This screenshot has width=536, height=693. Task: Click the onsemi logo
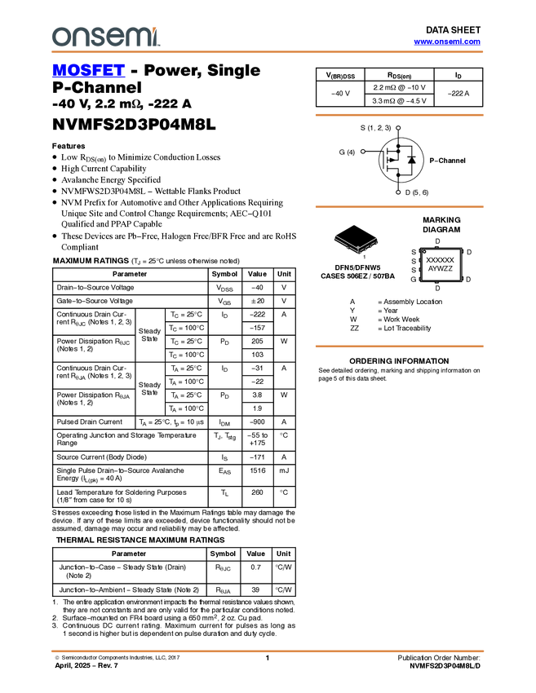105,37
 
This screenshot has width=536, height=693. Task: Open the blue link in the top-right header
447,42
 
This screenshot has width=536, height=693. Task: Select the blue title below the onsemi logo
88,71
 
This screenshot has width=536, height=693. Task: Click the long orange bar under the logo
268,52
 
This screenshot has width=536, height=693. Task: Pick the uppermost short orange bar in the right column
399,115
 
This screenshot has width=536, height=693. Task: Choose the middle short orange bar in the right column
399,207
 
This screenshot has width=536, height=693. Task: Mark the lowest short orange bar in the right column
399,346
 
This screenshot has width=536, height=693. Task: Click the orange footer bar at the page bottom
268,651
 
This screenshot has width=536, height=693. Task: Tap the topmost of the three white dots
398,127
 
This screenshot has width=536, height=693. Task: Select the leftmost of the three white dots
362,151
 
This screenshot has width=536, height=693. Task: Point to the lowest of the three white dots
398,192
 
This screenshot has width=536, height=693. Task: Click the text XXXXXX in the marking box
441,260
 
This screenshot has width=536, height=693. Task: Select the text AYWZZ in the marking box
441,268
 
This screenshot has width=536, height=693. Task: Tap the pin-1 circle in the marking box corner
424,252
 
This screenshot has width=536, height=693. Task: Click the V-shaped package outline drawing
357,244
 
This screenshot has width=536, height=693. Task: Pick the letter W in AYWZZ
441,268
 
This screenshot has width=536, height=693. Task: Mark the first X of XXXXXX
429,260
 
